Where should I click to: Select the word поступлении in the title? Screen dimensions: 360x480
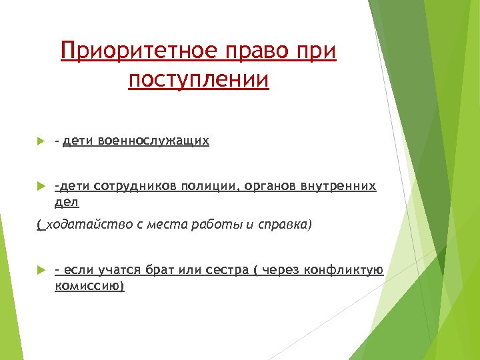[199, 79]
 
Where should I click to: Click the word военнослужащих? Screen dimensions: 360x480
[153, 141]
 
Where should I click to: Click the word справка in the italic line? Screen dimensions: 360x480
[283, 225]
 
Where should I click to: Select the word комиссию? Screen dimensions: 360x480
[89, 285]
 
